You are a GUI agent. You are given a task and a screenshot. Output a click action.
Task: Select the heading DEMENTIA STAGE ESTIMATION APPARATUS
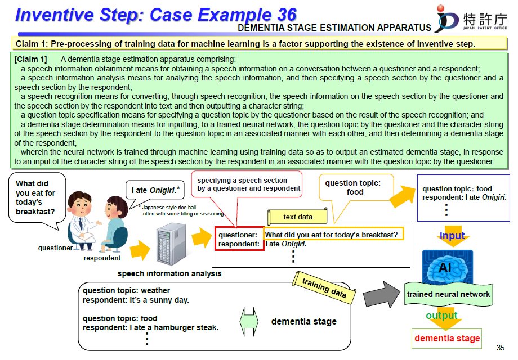(334, 28)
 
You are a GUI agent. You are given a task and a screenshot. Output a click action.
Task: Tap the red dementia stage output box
(447, 338)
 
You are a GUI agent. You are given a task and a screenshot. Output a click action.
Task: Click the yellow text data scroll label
(298, 217)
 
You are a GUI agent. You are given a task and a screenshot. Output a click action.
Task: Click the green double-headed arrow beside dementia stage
(249, 322)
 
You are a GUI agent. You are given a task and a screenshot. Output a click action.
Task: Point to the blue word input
(452, 236)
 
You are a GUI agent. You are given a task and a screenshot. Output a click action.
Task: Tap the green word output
(442, 316)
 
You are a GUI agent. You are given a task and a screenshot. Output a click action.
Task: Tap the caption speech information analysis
(169, 274)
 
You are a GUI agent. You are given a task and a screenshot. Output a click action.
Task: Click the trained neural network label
(448, 294)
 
